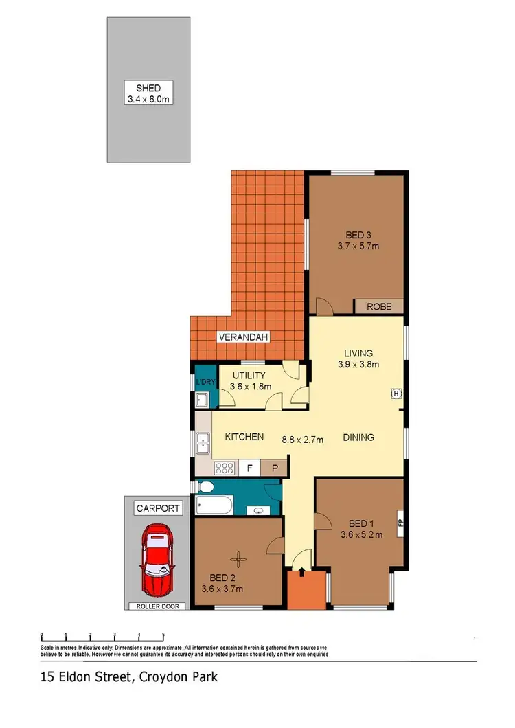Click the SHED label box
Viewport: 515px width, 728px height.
[148, 93]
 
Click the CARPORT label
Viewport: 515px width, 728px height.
[159, 509]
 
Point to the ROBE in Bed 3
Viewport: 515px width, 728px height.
[378, 306]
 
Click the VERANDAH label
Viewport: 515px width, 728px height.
[244, 337]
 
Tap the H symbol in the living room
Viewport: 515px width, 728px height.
[396, 394]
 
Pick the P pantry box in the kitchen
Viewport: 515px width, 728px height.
[274, 468]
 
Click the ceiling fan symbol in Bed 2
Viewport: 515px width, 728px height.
[237, 558]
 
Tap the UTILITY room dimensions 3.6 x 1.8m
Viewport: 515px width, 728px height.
[251, 387]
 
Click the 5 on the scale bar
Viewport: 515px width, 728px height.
[163, 635]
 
